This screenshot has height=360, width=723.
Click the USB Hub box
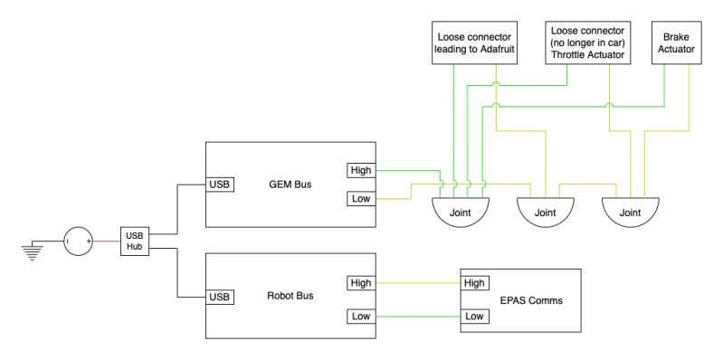[134, 241]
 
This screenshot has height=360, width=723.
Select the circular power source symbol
[78, 241]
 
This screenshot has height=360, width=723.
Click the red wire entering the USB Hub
[106, 241]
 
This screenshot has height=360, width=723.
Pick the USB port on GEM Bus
[221, 185]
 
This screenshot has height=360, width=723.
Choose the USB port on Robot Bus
[221, 296]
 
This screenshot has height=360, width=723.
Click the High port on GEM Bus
[358, 170]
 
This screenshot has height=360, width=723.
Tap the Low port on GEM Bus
[358, 198]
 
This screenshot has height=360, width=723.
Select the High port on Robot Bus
[358, 283]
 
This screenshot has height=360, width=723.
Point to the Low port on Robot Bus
[358, 316]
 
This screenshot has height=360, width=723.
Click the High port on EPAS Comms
[474, 283]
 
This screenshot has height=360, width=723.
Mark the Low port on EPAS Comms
[474, 316]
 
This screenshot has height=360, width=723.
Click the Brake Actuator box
[677, 42]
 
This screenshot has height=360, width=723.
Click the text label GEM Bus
[290, 185]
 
